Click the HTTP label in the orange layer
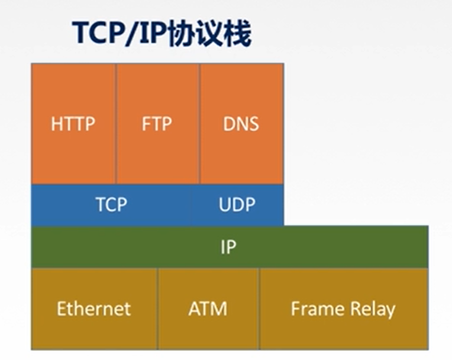[x=73, y=124]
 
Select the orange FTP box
[x=157, y=124]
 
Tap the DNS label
[x=241, y=124]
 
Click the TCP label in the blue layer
[x=111, y=205]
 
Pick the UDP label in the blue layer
[x=237, y=205]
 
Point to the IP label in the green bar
[x=228, y=247]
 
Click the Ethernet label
[x=93, y=308]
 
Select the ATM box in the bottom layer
[x=208, y=308]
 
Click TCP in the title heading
[x=96, y=34]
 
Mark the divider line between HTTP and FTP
[x=115, y=124]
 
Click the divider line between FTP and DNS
[x=199, y=124]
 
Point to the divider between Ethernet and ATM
[x=157, y=308]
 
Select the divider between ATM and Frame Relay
[x=259, y=308]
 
